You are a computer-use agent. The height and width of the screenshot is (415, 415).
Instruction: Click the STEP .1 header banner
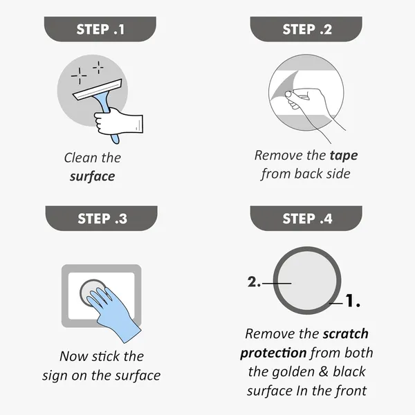(100, 29)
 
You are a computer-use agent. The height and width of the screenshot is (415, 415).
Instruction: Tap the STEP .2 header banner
(306, 29)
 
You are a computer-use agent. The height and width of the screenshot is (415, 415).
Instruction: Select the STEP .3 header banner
(102, 219)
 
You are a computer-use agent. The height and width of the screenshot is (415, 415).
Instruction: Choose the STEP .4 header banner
(306, 219)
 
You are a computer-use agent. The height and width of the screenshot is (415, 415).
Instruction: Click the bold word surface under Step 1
(93, 176)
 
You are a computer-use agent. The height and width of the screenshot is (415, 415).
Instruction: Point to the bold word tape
(344, 156)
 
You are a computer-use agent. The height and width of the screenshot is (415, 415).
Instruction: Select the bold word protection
(273, 353)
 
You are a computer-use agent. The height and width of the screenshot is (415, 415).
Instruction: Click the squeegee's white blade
(98, 89)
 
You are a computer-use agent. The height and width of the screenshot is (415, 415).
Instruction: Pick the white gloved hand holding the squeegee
(119, 121)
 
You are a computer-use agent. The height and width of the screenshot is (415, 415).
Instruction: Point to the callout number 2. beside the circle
(254, 282)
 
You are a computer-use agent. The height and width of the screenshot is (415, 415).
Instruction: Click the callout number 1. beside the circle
(353, 300)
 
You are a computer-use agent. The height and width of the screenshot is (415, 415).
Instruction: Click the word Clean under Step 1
(81, 158)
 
